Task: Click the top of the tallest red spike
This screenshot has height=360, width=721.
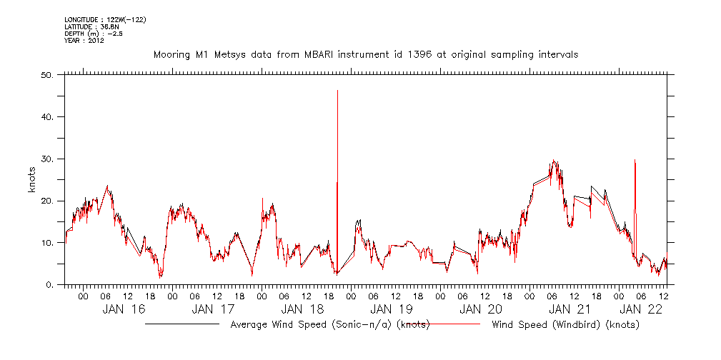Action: [337, 91]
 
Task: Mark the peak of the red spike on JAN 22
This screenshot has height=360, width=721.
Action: [635, 160]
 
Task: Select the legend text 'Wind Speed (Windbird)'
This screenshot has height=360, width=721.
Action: [565, 325]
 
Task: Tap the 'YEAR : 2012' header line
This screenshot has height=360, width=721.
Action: [84, 41]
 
